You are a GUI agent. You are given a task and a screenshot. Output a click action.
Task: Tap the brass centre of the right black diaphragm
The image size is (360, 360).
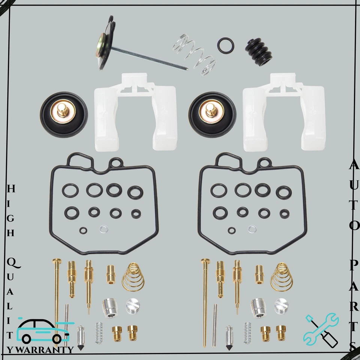pos(212,113)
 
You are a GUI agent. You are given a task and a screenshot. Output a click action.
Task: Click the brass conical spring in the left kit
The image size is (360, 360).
pos(133,277)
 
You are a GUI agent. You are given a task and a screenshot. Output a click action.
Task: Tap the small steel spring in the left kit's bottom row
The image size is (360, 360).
pos(99,333)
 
